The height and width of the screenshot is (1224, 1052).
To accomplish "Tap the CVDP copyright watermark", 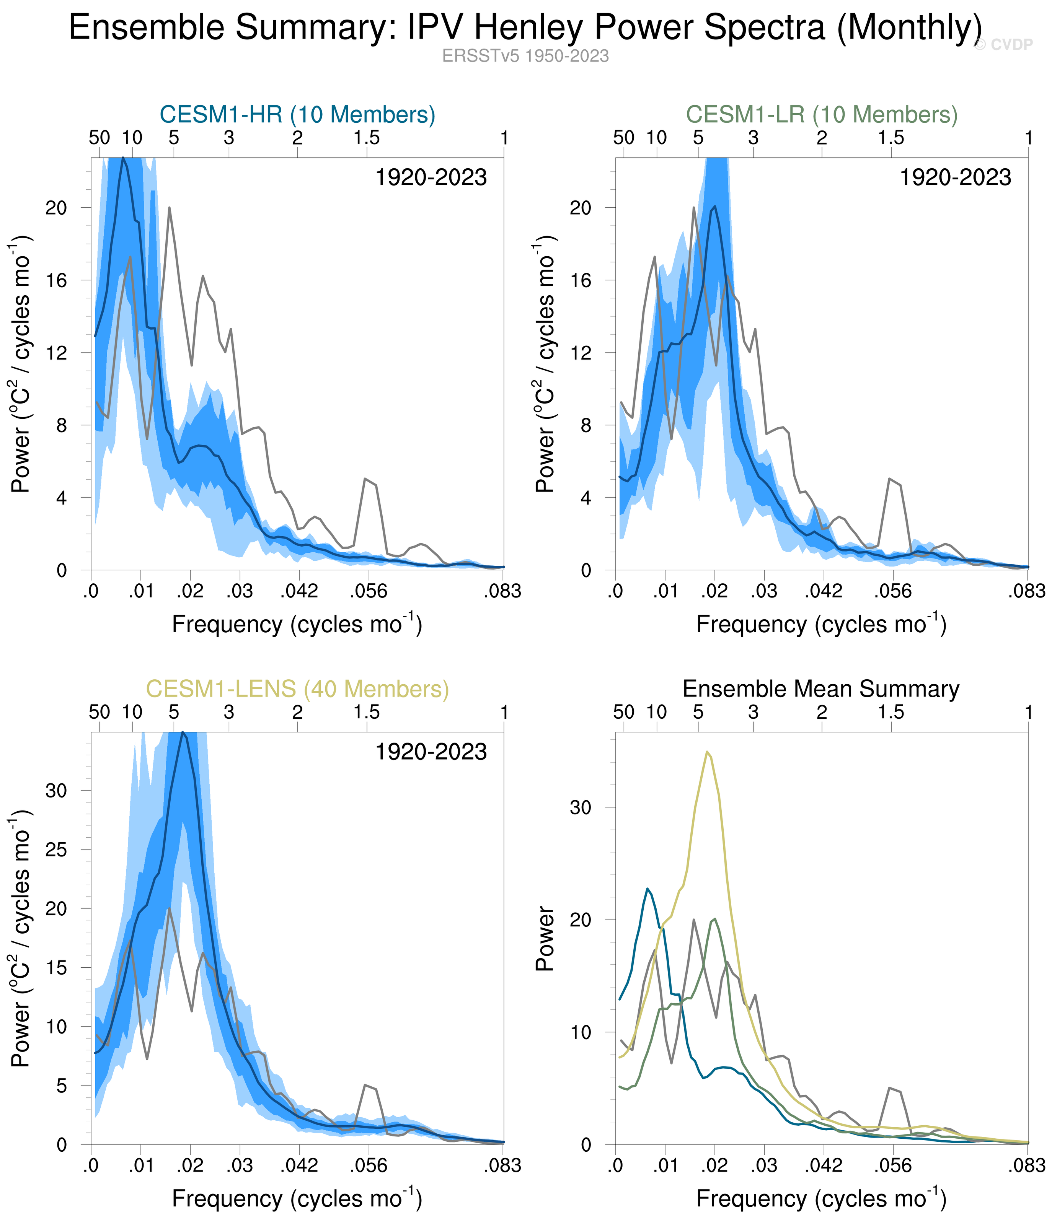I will (x=1003, y=45).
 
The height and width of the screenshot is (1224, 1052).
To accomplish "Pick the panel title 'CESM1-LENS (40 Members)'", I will (x=297, y=689).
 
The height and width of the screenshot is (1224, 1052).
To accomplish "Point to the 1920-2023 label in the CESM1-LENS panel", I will (x=431, y=752).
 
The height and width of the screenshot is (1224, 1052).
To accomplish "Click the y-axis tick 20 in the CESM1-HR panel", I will (x=57, y=208).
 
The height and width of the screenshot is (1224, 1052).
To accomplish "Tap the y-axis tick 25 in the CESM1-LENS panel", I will (x=57, y=850).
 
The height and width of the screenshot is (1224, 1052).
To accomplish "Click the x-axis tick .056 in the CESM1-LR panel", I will (x=892, y=591).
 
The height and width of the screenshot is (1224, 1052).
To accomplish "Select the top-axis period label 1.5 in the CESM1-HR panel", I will (x=367, y=138).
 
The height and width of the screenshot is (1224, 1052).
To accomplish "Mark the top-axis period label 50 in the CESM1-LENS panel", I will (x=99, y=713).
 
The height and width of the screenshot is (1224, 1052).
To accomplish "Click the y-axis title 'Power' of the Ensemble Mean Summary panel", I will (x=545, y=939).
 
